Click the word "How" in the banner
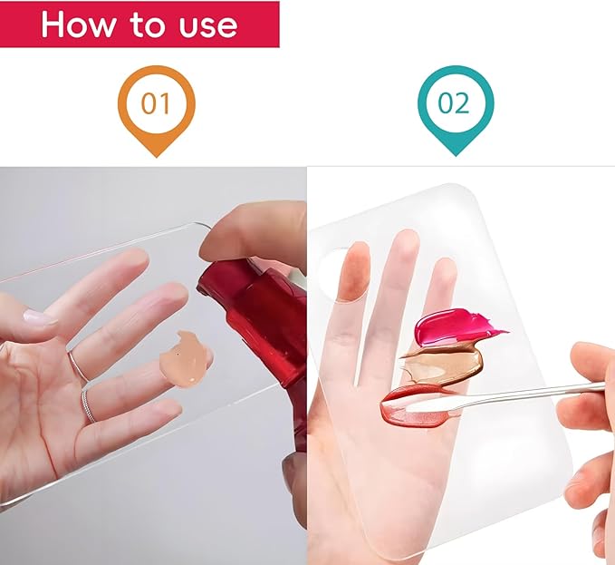[x=78, y=24]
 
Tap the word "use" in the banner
[x=208, y=26]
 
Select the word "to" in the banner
[x=147, y=24]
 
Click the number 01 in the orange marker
[x=156, y=103]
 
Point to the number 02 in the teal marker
[x=454, y=103]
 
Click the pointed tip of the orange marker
[x=157, y=156]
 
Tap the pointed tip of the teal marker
[x=456, y=155]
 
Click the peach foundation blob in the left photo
[x=183, y=360]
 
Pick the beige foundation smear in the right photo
[x=441, y=363]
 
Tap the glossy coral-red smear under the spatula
[x=414, y=406]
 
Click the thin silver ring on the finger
[x=78, y=365]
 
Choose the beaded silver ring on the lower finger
[x=89, y=407]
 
